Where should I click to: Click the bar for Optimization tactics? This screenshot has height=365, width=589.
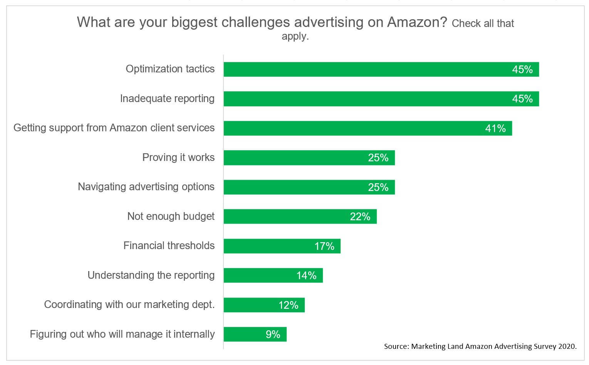tap(381, 69)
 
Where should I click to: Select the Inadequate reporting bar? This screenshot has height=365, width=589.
tap(381, 99)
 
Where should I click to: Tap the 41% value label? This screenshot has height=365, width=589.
tap(495, 128)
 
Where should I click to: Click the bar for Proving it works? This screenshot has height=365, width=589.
tap(309, 158)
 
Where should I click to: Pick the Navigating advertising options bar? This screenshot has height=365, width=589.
tap(309, 187)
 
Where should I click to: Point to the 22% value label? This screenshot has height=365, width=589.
tap(360, 217)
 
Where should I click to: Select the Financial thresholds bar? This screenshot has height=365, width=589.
tap(282, 246)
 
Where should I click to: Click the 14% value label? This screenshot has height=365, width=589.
tap(306, 276)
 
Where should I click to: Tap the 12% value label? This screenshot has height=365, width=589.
tap(288, 305)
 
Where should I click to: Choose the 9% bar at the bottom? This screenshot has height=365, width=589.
tap(255, 334)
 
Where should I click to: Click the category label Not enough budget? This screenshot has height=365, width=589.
tap(171, 216)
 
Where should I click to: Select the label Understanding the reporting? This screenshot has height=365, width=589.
tap(151, 275)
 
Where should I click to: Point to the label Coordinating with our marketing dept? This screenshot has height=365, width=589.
tap(129, 305)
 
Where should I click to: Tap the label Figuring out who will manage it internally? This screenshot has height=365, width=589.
tap(122, 334)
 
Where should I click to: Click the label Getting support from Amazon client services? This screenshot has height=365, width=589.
tap(114, 128)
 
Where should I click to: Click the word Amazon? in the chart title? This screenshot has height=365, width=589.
tap(417, 22)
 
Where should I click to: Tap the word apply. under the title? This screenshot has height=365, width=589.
tap(295, 37)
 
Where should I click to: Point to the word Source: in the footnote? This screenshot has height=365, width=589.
tap(396, 346)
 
